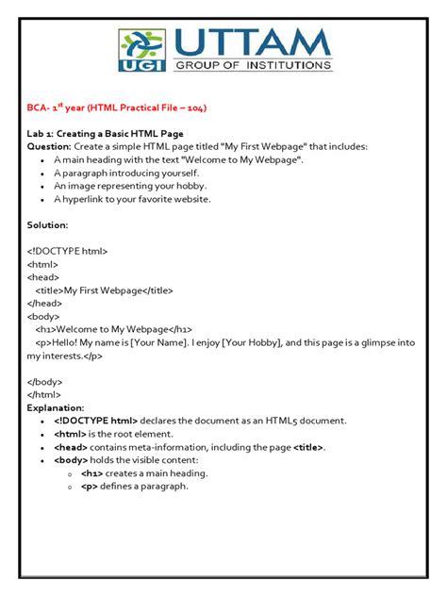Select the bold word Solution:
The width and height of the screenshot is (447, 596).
tap(49, 225)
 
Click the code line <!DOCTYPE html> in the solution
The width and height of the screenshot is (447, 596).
tap(68, 252)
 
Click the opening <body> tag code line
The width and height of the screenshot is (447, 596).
tap(44, 317)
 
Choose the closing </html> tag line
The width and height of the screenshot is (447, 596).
tap(45, 395)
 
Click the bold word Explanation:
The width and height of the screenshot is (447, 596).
tap(56, 408)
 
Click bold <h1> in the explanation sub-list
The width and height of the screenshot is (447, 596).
tap(91, 472)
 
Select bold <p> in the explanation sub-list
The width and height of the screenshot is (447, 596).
tap(90, 486)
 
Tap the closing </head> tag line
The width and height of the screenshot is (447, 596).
tap(45, 304)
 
